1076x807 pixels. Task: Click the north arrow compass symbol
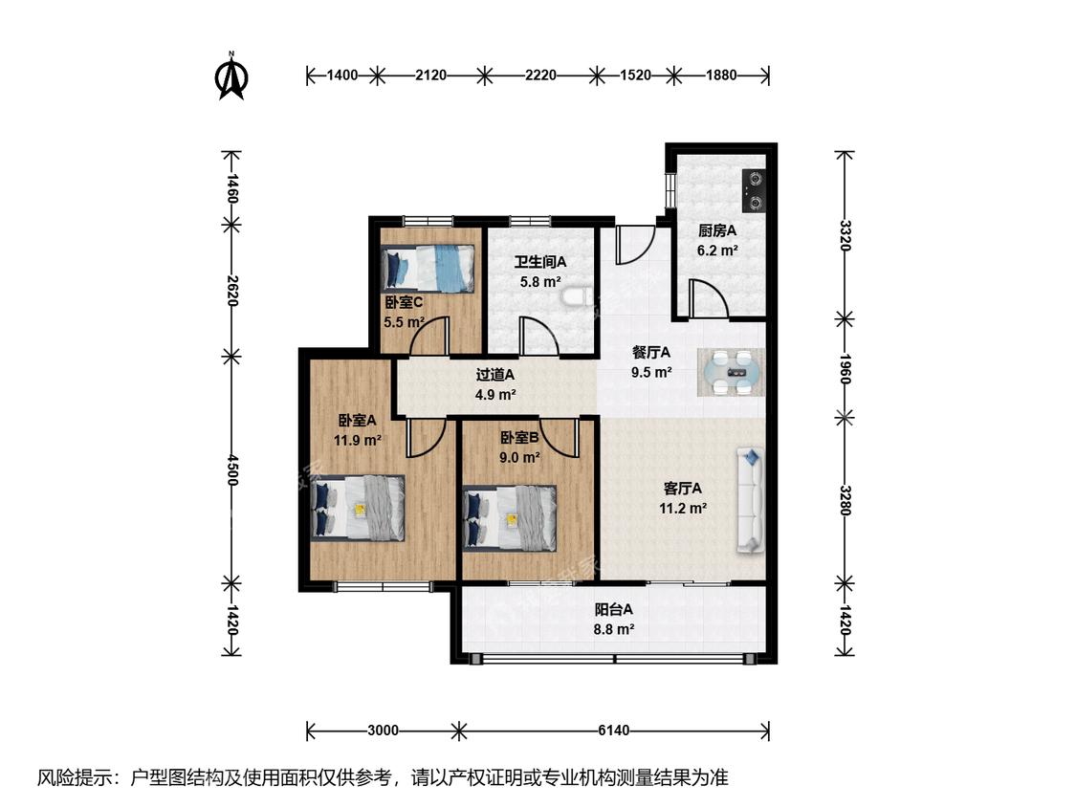(x=232, y=76)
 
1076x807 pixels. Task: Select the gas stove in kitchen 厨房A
(x=755, y=191)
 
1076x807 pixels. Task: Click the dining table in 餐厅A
(x=731, y=373)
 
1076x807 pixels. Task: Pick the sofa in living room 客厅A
(x=751, y=500)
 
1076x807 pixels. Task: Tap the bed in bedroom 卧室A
(x=358, y=508)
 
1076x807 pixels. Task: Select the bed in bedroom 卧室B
(x=510, y=519)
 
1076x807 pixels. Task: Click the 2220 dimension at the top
(x=540, y=75)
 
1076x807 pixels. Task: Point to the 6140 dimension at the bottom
(x=613, y=731)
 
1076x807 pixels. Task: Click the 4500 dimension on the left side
(x=232, y=470)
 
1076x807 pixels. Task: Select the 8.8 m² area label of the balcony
(x=613, y=628)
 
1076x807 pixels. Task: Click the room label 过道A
(x=495, y=375)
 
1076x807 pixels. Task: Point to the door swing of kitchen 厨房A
(x=709, y=298)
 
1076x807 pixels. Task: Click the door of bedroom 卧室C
(x=429, y=336)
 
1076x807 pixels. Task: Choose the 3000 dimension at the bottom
(x=383, y=731)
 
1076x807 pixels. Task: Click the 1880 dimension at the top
(x=721, y=75)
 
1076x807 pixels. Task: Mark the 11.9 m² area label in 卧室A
(x=358, y=440)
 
